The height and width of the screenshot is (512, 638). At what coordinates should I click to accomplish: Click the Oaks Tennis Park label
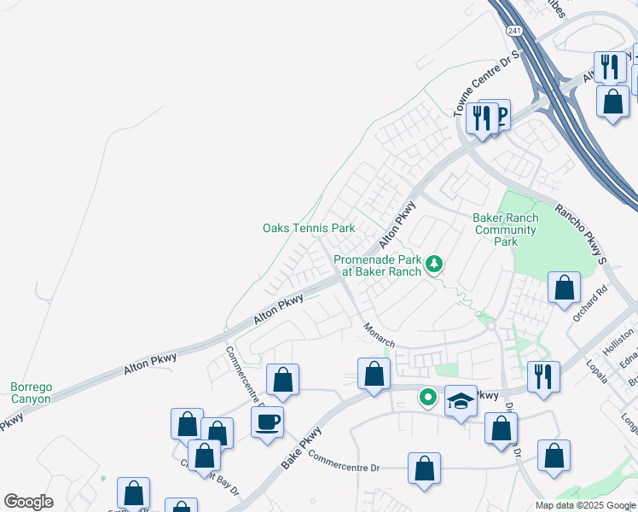point(308,229)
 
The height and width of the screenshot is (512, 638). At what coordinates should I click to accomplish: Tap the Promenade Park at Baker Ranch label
point(377,265)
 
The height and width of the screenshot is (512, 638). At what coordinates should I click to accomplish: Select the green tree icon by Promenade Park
point(434,265)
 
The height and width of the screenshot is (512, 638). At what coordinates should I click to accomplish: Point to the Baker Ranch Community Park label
point(506,230)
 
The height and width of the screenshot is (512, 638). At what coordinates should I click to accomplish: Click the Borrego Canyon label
point(31,393)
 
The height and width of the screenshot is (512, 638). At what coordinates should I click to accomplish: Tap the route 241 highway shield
point(513,30)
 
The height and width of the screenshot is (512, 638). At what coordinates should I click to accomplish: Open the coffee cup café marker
point(268,422)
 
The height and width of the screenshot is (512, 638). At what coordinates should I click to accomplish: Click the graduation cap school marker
point(461,401)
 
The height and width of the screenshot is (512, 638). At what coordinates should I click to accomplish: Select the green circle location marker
point(427,398)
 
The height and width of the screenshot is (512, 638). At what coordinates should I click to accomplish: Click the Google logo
point(28,502)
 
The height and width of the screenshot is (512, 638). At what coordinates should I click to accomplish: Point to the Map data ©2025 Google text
point(585,505)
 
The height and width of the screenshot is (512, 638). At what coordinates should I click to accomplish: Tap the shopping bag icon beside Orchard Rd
point(564,288)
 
